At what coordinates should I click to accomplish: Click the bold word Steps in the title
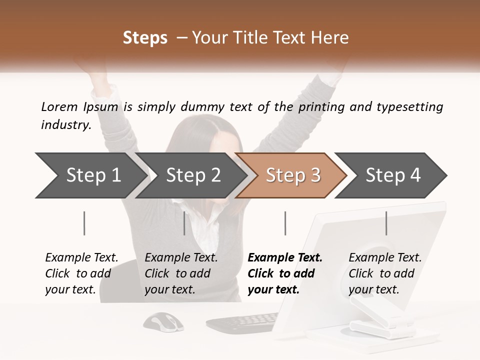[x=145, y=38]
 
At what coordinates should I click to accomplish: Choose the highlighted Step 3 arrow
[x=293, y=175]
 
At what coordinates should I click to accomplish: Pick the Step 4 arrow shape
[x=393, y=175]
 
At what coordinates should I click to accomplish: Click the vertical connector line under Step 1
[x=84, y=223]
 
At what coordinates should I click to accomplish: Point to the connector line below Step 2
[x=184, y=223]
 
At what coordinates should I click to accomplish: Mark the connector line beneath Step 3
[x=285, y=223]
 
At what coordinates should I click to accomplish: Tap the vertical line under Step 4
[x=386, y=223]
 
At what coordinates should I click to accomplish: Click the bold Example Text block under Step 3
[x=285, y=273]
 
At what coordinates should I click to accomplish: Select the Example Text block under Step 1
[x=81, y=273]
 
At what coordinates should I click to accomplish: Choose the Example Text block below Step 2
[x=181, y=273]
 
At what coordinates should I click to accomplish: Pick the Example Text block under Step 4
[x=385, y=273]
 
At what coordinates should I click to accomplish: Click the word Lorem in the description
[x=59, y=107]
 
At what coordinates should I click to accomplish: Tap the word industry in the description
[x=65, y=125]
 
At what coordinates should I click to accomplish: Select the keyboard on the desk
[x=243, y=323]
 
